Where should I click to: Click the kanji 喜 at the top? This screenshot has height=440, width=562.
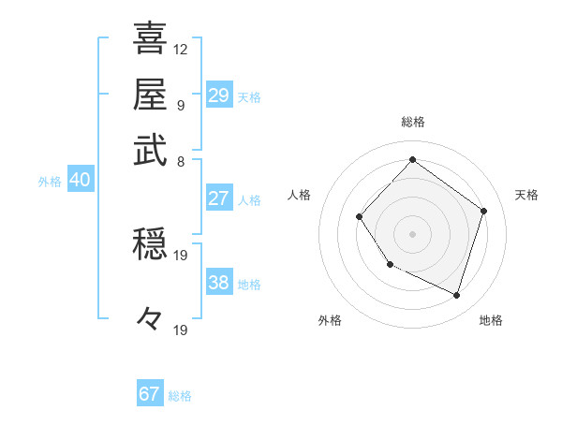tap(150, 38)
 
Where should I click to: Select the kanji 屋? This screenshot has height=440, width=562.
tap(150, 95)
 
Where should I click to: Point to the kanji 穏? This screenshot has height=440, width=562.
tap(150, 246)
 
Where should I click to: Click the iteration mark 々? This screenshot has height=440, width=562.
tap(150, 319)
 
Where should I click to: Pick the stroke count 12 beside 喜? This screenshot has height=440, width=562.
tap(181, 49)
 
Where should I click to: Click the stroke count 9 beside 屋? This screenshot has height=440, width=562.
tap(181, 105)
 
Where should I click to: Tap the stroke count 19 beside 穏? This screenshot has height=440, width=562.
tap(181, 255)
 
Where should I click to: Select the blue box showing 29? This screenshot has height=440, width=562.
tap(218, 95)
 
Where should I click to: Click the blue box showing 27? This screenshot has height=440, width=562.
tap(218, 198)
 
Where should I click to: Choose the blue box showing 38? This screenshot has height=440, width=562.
tap(218, 284)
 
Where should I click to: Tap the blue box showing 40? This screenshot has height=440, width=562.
tap(80, 181)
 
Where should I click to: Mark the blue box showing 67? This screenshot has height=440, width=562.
tap(150, 394)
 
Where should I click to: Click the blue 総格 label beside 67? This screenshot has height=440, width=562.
tap(181, 396)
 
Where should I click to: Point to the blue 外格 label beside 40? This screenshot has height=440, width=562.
tap(50, 182)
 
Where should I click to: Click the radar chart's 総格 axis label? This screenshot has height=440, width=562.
tap(412, 122)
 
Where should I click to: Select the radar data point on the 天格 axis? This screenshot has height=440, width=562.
tap(483, 211)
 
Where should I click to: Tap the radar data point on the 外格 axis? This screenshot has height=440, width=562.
tap(390, 265)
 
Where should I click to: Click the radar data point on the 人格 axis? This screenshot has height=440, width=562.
tap(360, 217)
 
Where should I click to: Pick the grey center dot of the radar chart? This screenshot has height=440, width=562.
tap(412, 234)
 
